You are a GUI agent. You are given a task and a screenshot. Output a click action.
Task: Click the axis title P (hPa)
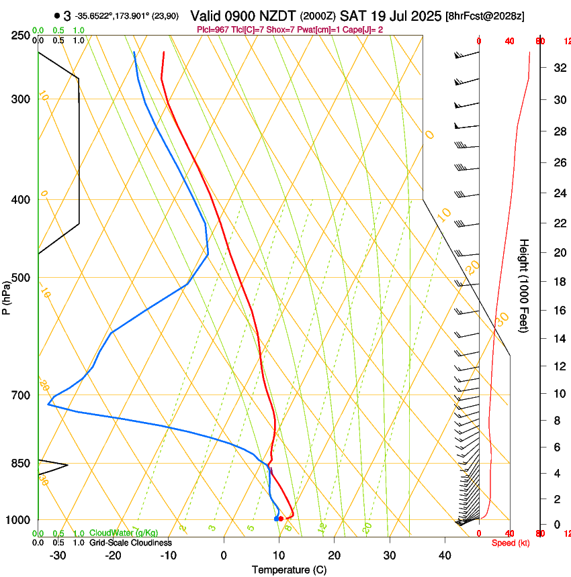tap(7, 295)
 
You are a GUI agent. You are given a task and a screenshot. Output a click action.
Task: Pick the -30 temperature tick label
tap(58, 556)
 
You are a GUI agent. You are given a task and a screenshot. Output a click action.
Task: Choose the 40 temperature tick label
tap(445, 556)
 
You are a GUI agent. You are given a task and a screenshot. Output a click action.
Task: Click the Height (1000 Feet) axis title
tap(525, 286)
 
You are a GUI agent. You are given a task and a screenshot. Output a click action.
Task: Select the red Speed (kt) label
tap(511, 543)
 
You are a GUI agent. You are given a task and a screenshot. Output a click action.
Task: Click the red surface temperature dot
tap(281, 519)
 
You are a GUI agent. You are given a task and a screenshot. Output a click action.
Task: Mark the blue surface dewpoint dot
tap(276, 519)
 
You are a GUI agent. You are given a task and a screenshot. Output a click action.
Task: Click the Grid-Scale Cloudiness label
tap(130, 543)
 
